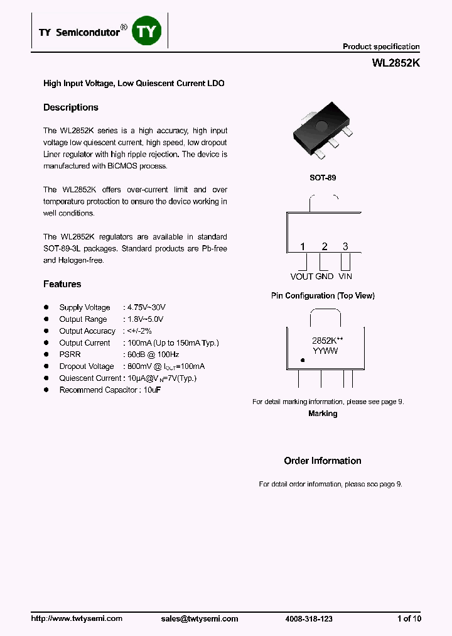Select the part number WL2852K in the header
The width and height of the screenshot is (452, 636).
395,63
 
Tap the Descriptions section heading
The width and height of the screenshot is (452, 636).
71,107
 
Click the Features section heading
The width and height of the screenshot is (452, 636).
62,284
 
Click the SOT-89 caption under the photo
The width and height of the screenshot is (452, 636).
323,178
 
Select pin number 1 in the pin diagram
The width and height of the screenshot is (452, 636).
302,246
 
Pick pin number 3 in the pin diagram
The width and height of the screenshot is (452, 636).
345,246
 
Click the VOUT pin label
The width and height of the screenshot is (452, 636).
301,277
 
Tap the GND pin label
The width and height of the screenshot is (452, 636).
325,277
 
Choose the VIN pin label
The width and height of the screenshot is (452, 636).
345,277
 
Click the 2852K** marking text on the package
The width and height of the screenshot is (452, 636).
327,340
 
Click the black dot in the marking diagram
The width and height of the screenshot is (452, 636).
303,361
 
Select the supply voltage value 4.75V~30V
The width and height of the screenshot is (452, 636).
146,307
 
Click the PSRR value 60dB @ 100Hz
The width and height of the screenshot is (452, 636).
151,354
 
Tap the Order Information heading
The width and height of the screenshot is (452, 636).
323,461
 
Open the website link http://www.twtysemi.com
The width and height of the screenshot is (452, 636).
77,618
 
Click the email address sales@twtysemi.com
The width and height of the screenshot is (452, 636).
200,618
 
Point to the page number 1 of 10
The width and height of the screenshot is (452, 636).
409,618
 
